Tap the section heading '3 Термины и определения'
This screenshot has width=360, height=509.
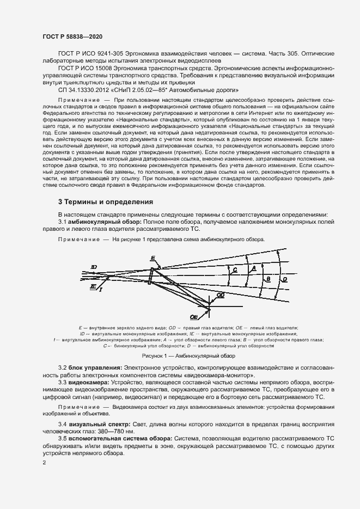106,202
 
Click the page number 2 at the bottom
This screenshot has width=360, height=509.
44,462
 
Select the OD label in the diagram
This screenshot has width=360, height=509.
220,295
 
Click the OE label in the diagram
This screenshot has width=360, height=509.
193,316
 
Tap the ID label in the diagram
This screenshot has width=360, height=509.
94,267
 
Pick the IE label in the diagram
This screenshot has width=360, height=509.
93,285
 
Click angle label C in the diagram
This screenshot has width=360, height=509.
234,269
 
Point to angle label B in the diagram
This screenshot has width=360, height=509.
267,279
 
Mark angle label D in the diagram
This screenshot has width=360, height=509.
284,279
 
